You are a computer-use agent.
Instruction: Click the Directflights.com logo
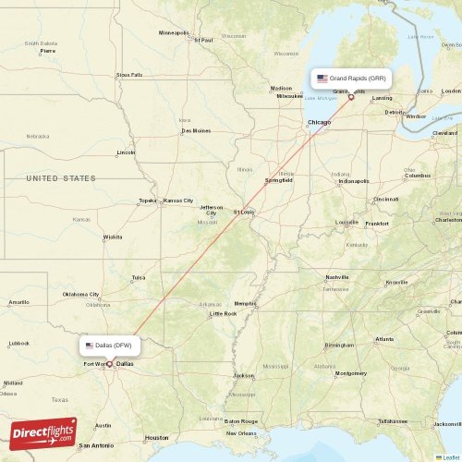pos(43,432)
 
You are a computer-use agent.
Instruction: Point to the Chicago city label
pos(319,122)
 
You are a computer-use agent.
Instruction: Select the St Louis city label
pos(244,212)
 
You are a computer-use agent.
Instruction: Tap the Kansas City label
pos(178,201)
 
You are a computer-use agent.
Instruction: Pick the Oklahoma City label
pos(81,295)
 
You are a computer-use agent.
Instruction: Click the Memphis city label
pos(245,303)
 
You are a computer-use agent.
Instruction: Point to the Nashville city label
pos(336,277)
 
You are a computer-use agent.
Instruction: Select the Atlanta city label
pos(384,339)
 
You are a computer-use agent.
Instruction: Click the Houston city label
pos(156,437)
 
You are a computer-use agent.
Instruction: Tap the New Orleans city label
pos(241,432)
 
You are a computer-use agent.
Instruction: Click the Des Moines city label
pos(196,130)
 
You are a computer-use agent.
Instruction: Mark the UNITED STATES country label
pos(61,177)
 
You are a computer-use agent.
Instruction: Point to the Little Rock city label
pos(223,313)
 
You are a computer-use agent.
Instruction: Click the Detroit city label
pos(395,112)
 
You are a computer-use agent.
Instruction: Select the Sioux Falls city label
pos(129,75)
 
